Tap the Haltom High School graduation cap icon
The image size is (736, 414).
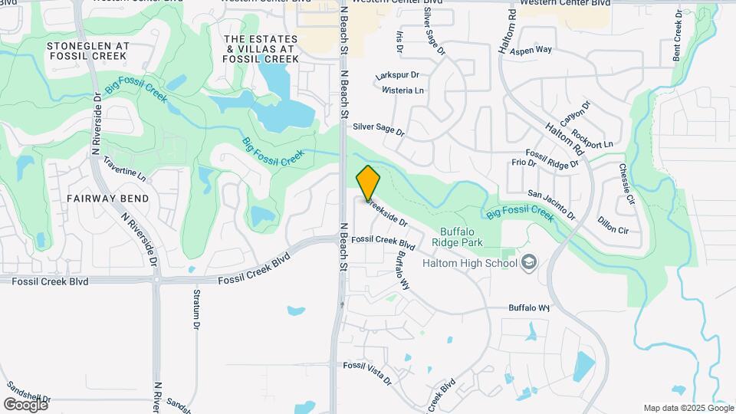coord(528,263)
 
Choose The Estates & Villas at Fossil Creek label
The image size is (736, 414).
coord(261,48)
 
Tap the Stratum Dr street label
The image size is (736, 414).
coord(196,310)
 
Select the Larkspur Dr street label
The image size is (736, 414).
coord(398,76)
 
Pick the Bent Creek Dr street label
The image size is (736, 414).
coord(678,36)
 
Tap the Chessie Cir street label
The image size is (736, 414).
coord(627,183)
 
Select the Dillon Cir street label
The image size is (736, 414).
coord(613,229)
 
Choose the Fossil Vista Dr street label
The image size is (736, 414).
coord(367,373)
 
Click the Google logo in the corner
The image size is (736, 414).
coord(25,404)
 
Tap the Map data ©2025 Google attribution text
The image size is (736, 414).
coord(688,408)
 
